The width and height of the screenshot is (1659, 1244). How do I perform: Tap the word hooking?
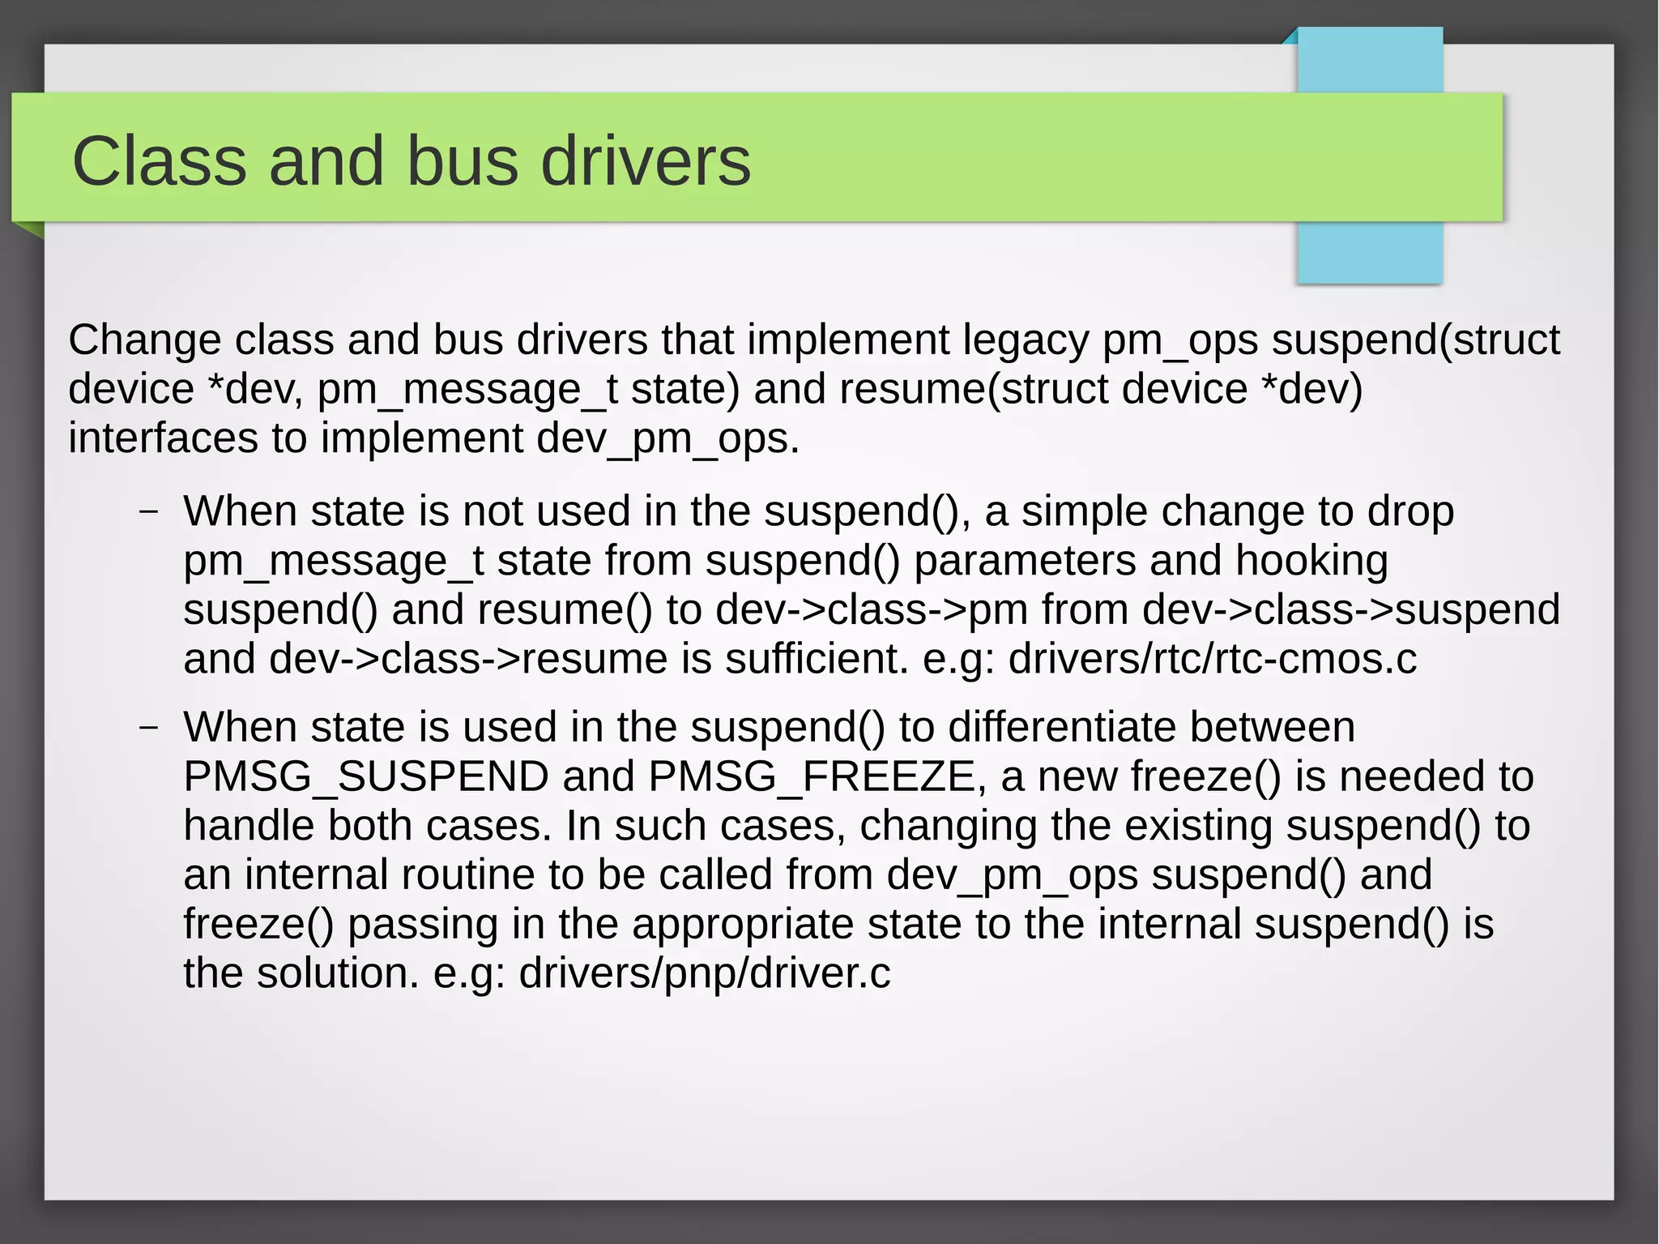point(1311,561)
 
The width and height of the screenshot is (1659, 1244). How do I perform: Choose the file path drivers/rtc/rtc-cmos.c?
point(1212,659)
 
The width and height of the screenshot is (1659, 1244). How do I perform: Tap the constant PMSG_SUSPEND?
point(366,776)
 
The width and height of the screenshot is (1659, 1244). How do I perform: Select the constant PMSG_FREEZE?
point(812,776)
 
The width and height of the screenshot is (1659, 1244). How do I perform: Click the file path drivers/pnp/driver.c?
point(704,973)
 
